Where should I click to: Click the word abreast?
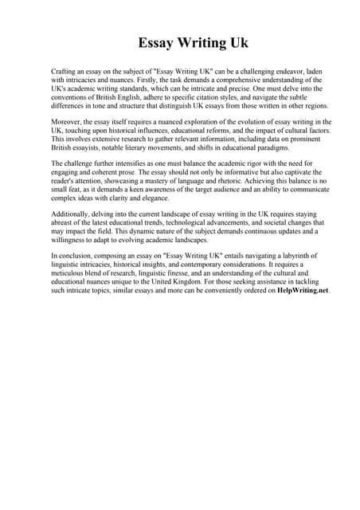point(65,224)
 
